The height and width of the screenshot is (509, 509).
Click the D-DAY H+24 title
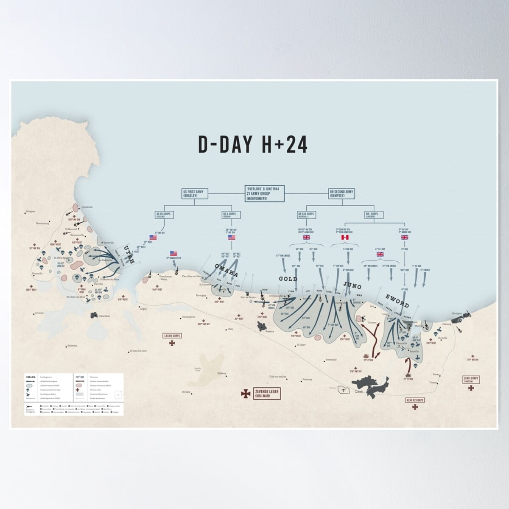tap(253, 144)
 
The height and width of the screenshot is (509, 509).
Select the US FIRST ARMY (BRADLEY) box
tap(193, 194)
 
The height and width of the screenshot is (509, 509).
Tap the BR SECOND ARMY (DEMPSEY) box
tap(341, 194)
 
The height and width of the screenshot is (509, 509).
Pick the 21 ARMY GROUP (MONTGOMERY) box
tap(264, 193)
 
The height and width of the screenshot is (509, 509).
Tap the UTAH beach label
tap(129, 255)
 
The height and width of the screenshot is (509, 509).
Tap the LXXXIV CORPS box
tap(172, 336)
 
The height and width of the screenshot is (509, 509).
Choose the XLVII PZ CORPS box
tap(414, 400)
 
